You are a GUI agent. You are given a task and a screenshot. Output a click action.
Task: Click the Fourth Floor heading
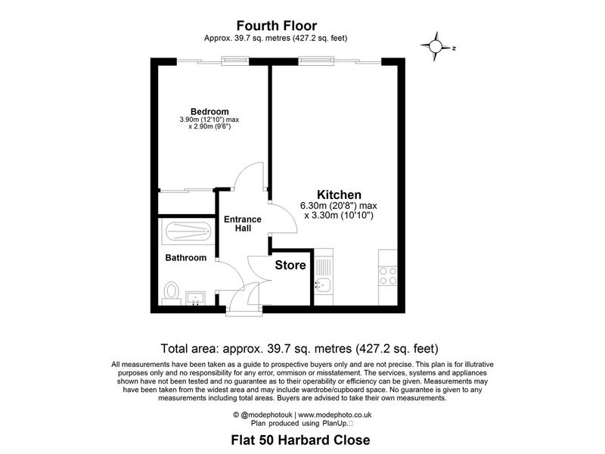277,26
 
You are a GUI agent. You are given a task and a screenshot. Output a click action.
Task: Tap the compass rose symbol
437,47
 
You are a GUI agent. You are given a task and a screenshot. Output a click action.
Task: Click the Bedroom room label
209,111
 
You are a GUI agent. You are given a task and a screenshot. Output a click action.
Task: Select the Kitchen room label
339,194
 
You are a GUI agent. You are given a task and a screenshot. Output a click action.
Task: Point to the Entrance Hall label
243,223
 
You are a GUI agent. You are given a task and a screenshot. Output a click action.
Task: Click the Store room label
290,265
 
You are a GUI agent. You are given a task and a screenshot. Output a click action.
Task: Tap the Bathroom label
185,257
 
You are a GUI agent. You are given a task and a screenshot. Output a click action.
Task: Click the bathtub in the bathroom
188,232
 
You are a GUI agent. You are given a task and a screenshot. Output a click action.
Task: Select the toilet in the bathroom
171,293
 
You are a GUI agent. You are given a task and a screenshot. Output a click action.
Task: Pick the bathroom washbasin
196,298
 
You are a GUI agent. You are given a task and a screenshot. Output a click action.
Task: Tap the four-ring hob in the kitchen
388,275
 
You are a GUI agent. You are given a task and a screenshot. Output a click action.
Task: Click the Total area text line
299,349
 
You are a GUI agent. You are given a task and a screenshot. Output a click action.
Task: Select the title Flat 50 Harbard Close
300,440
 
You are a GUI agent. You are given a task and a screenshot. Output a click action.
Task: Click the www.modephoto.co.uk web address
335,415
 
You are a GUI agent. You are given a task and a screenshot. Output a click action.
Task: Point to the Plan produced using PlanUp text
302,424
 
